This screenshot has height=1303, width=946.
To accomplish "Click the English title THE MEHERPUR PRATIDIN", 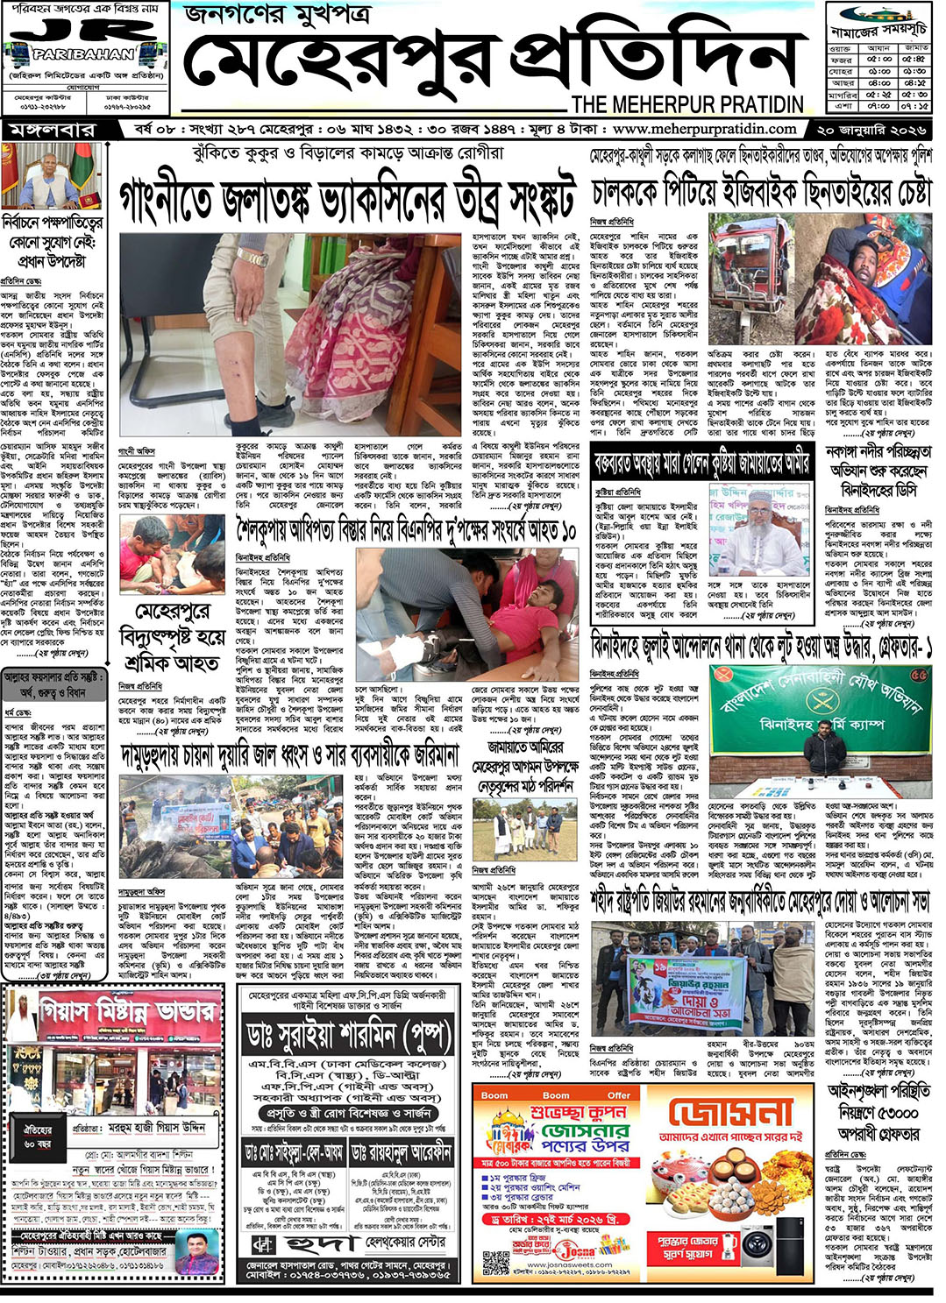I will pyautogui.click(x=687, y=104).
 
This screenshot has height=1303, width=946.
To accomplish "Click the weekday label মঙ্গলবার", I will pyautogui.click(x=53, y=130).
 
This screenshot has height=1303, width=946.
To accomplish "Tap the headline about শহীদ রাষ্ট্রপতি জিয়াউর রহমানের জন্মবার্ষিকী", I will pyautogui.click(x=759, y=901).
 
